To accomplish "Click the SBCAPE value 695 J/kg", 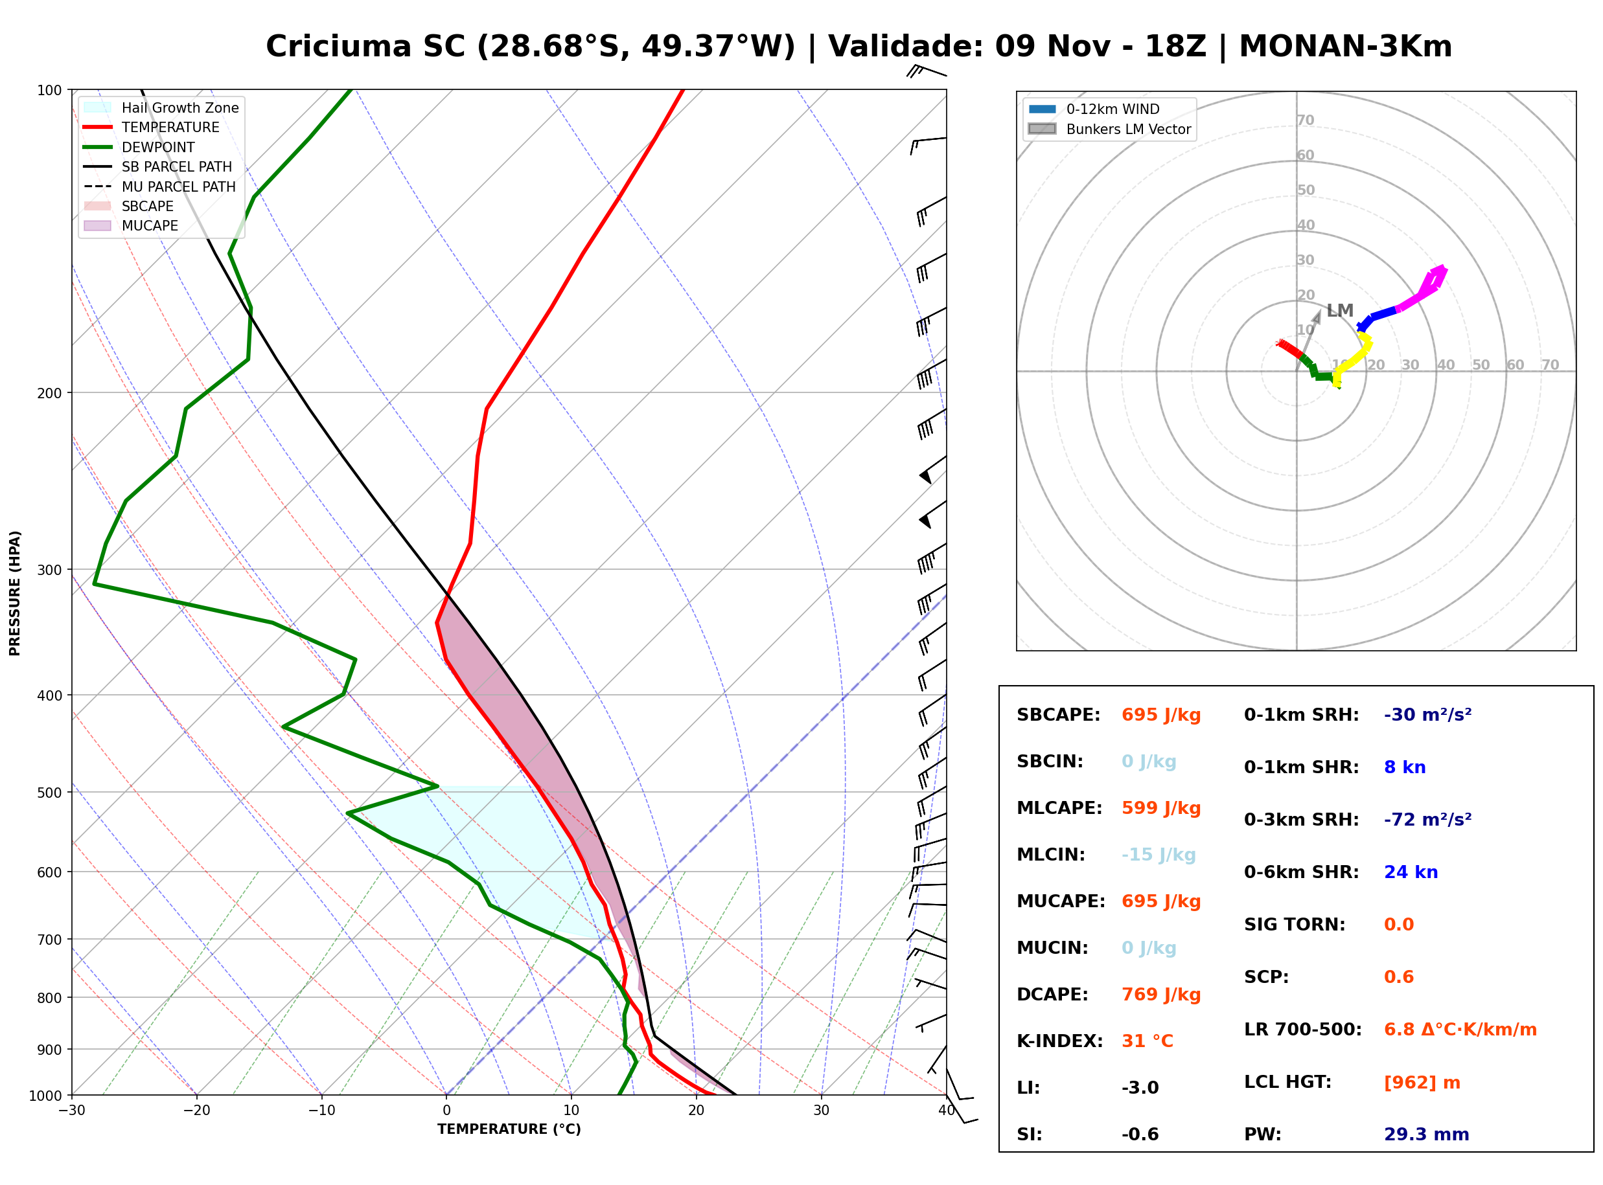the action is pyautogui.click(x=1161, y=715).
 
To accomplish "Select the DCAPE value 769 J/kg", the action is pyautogui.click(x=1161, y=995).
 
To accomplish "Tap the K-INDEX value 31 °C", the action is pyautogui.click(x=1147, y=1041).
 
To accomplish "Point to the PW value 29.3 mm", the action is pyautogui.click(x=1427, y=1134).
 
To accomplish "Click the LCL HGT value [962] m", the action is pyautogui.click(x=1422, y=1083).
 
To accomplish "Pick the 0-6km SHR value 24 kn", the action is pyautogui.click(x=1411, y=872).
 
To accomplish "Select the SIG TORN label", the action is pyautogui.click(x=1295, y=925).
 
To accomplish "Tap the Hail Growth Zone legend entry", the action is pyautogui.click(x=161, y=107).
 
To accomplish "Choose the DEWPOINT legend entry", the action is pyautogui.click(x=139, y=147).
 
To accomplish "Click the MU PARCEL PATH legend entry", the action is pyautogui.click(x=159, y=186).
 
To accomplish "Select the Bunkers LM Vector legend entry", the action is pyautogui.click(x=1109, y=129).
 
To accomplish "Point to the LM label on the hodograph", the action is pyautogui.click(x=1340, y=311).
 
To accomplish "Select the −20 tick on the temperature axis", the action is pyautogui.click(x=196, y=1111).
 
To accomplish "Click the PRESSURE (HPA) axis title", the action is pyautogui.click(x=15, y=593).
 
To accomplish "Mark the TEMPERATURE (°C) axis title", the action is pyautogui.click(x=509, y=1129).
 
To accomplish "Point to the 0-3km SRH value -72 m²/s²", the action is pyautogui.click(x=1428, y=819).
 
